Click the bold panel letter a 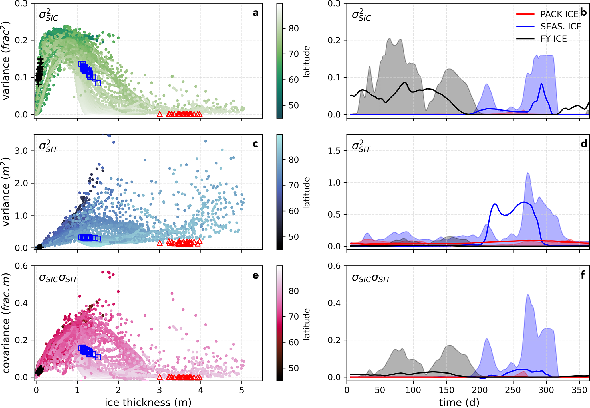pos(255,13)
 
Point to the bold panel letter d pos(584,144)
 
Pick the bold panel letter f pos(582,275)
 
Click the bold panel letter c pos(255,144)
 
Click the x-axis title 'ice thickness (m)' pos(148,402)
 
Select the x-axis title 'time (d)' pos(459,402)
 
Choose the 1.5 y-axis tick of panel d pos(334,151)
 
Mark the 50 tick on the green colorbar pos(293,105)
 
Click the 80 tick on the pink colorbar pos(293,291)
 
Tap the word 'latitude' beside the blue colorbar pos(306,193)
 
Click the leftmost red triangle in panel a pos(160,114)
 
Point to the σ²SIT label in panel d pos(361,146)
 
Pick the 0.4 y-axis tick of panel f pos(334,303)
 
